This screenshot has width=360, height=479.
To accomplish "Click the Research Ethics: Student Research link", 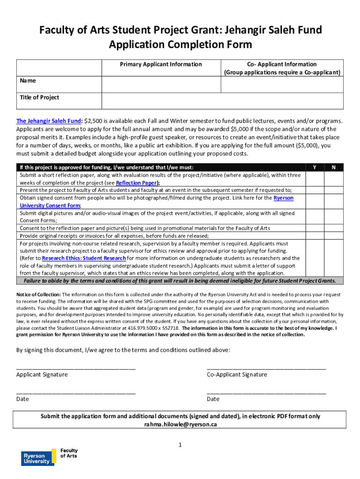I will point(84,258).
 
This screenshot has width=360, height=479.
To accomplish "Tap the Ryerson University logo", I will point(36,458).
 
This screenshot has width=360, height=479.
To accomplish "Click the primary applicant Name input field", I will point(161,84).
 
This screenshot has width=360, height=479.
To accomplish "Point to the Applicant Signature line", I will point(76,369).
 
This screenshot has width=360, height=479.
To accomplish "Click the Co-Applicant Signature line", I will point(266,369).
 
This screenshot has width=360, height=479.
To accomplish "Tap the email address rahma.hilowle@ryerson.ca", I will point(180,425).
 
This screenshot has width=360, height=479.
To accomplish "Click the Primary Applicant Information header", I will point(161,65).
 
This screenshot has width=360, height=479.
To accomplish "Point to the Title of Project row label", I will point(40,97).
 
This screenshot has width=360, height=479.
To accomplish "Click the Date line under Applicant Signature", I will point(76,393).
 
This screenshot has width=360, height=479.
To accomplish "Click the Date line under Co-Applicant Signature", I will point(266,393).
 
